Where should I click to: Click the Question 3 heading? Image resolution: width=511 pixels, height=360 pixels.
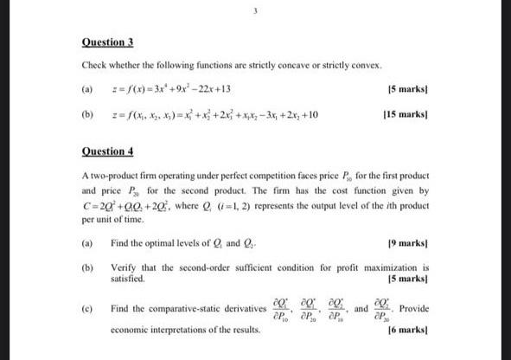point(108,42)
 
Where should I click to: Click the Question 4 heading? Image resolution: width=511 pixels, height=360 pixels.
point(108,151)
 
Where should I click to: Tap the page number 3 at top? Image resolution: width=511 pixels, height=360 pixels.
point(255,11)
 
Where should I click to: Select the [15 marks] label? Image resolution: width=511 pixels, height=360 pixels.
point(401,113)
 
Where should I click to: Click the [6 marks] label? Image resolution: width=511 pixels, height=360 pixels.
point(408,330)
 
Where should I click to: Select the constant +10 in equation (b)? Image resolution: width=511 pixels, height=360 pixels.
point(307,113)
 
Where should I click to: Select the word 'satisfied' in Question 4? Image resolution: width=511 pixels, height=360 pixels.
point(128,280)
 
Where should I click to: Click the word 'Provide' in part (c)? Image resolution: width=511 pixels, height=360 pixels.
point(414,309)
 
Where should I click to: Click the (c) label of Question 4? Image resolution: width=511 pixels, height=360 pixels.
point(87,309)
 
